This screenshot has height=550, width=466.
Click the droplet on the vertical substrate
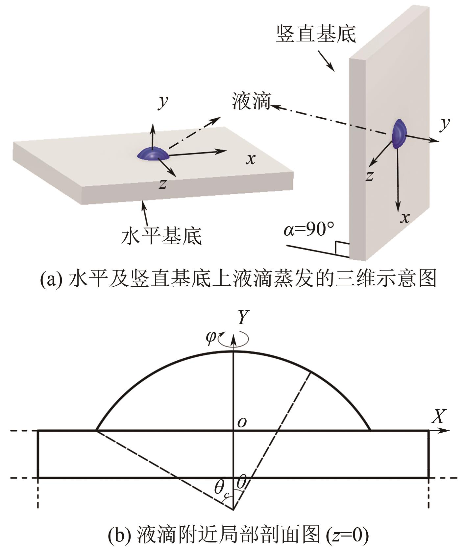pyautogui.click(x=399, y=133)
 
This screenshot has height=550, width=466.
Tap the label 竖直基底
pyautogui.click(x=316, y=34)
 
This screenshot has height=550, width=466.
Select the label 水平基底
pyautogui.click(x=161, y=235)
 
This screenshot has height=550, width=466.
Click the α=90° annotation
pyautogui.click(x=309, y=229)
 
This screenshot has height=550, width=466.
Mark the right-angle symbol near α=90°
pyautogui.click(x=342, y=249)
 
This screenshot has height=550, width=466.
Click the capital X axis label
pyautogui.click(x=438, y=417)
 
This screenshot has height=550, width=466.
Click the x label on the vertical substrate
pyautogui.click(x=405, y=218)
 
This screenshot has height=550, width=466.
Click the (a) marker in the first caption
pyautogui.click(x=51, y=279)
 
